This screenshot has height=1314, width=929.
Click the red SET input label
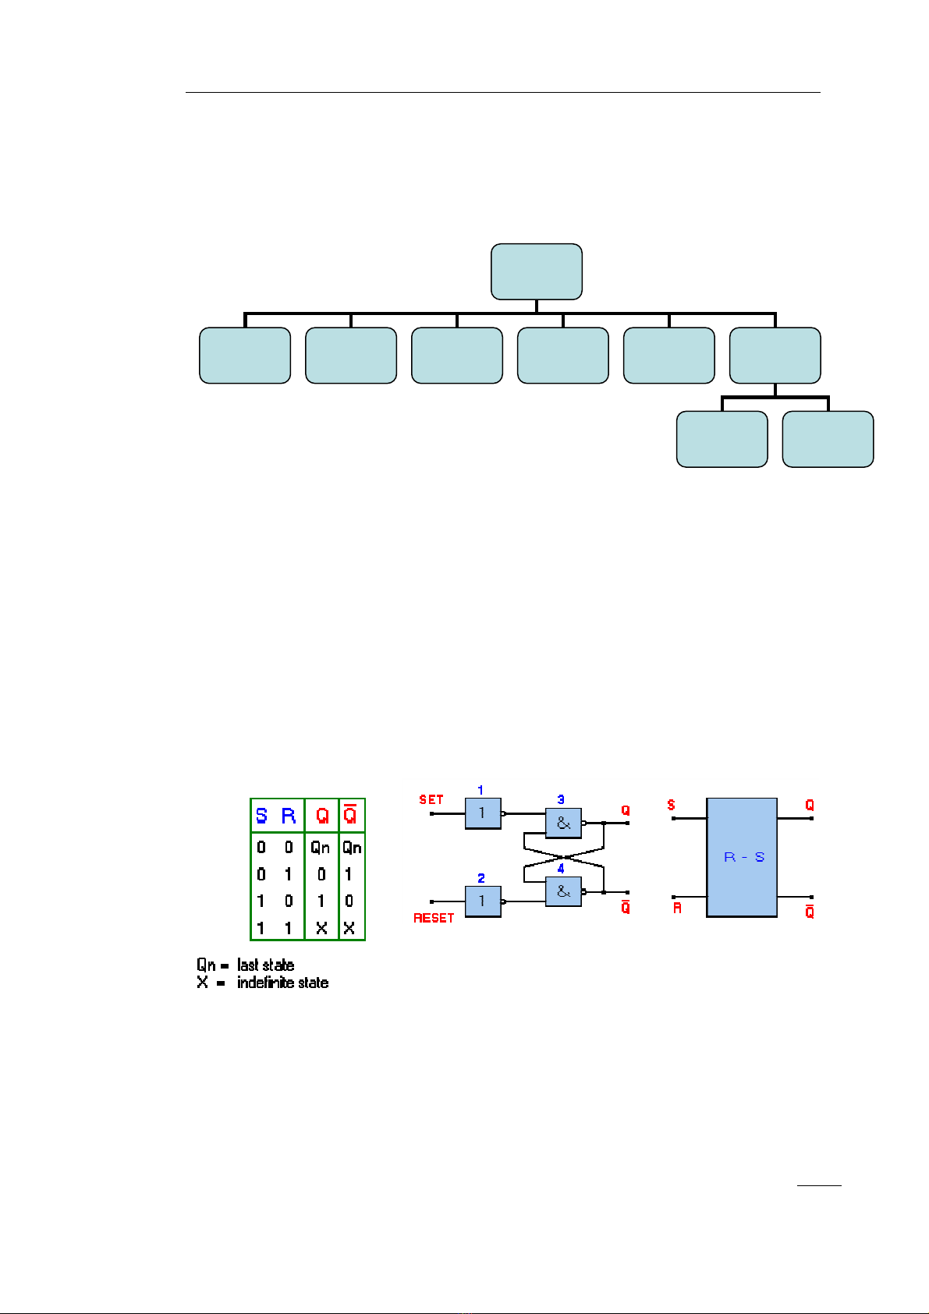[x=431, y=800]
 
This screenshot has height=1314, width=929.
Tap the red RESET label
[x=434, y=918]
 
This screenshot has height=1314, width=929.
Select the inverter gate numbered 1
[x=483, y=813]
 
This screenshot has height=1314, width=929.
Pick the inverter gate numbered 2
[x=483, y=901]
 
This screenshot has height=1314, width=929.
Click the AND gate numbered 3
[x=563, y=823]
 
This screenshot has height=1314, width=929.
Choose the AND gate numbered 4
[x=563, y=891]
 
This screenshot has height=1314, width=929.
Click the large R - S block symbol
[x=742, y=857]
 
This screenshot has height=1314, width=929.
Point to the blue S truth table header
[x=261, y=816]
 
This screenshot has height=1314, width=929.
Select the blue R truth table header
[x=289, y=816]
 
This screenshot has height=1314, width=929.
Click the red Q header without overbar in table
[x=322, y=816]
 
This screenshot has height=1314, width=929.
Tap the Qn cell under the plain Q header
[x=321, y=848]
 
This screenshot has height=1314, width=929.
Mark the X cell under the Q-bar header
[x=349, y=928]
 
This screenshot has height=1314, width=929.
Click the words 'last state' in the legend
[x=266, y=965]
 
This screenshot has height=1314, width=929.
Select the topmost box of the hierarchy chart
[x=537, y=271]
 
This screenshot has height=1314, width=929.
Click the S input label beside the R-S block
[x=672, y=806]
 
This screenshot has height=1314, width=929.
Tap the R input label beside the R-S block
[x=677, y=908]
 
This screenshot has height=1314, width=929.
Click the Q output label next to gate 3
[x=626, y=811]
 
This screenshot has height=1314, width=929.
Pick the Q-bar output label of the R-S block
[x=810, y=911]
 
